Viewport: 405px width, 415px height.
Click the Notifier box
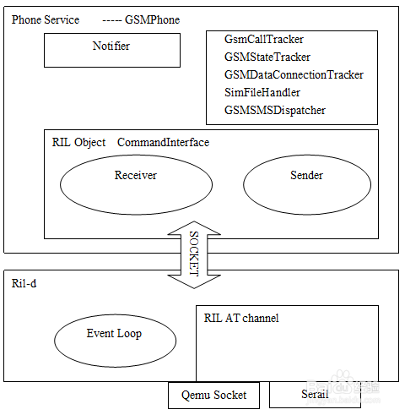click(x=112, y=50)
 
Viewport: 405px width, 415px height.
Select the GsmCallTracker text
click(x=264, y=39)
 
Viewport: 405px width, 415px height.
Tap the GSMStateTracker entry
click(x=267, y=57)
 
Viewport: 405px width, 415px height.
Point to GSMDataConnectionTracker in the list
click(x=294, y=74)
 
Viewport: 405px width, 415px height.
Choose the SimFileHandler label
click(x=262, y=92)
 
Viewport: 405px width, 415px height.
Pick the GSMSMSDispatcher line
click(x=275, y=110)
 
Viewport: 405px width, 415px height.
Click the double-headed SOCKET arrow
click(x=194, y=254)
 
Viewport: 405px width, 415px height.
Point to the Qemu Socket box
click(x=213, y=396)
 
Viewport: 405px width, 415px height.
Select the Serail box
click(x=315, y=395)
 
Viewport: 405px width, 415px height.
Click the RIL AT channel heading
click(x=241, y=318)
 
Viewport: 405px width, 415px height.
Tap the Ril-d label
click(x=24, y=283)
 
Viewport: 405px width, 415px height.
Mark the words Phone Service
click(x=46, y=19)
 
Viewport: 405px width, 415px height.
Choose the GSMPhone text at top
click(x=152, y=19)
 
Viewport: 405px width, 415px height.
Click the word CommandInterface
click(x=163, y=142)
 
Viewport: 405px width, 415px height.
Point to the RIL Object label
click(x=78, y=143)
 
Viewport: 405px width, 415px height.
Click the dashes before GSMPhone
click(x=112, y=21)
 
